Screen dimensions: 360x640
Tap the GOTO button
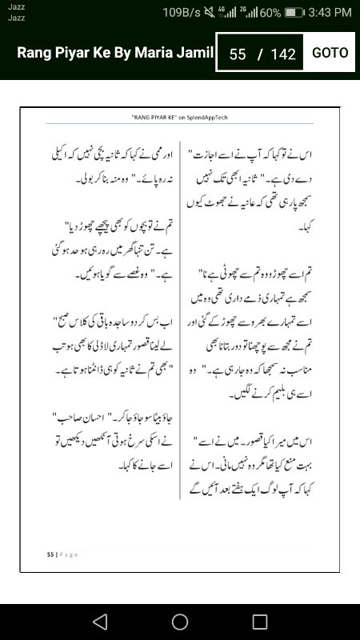[x=330, y=53]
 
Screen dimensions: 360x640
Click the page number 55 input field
[x=238, y=54]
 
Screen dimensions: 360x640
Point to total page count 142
[x=283, y=54]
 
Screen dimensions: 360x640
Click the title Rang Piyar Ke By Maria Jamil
[x=116, y=53]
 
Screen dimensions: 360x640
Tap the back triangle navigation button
[x=99, y=622]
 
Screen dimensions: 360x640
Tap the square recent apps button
[x=260, y=622]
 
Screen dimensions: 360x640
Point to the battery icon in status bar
[x=295, y=12]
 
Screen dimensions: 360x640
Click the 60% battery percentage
[x=270, y=12]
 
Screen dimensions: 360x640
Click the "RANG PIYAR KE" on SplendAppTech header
[x=181, y=117]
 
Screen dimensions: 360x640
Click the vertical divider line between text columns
[x=181, y=320]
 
